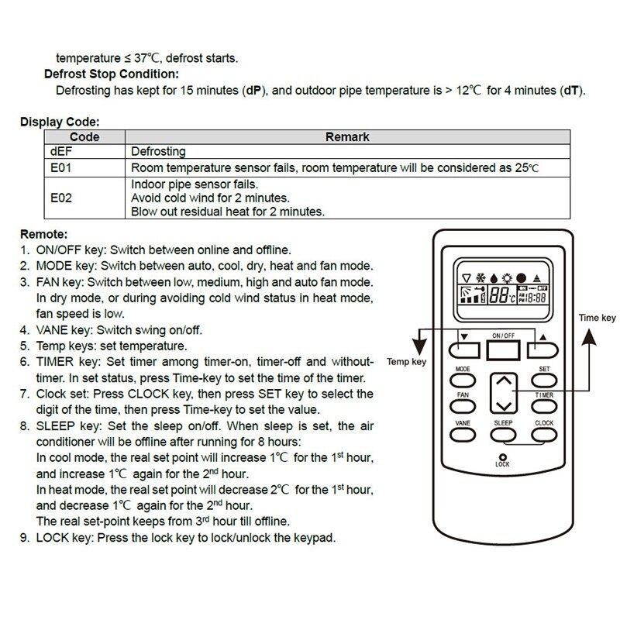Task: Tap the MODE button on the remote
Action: tap(463, 381)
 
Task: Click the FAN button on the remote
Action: tap(463, 406)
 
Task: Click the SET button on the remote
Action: tap(543, 381)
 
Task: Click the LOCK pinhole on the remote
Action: tap(503, 456)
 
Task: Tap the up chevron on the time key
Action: tap(504, 382)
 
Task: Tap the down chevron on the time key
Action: tap(504, 405)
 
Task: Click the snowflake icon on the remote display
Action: tap(481, 277)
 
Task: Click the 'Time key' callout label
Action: tap(598, 318)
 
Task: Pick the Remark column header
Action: tap(346, 137)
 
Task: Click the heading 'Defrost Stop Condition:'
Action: tap(111, 74)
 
